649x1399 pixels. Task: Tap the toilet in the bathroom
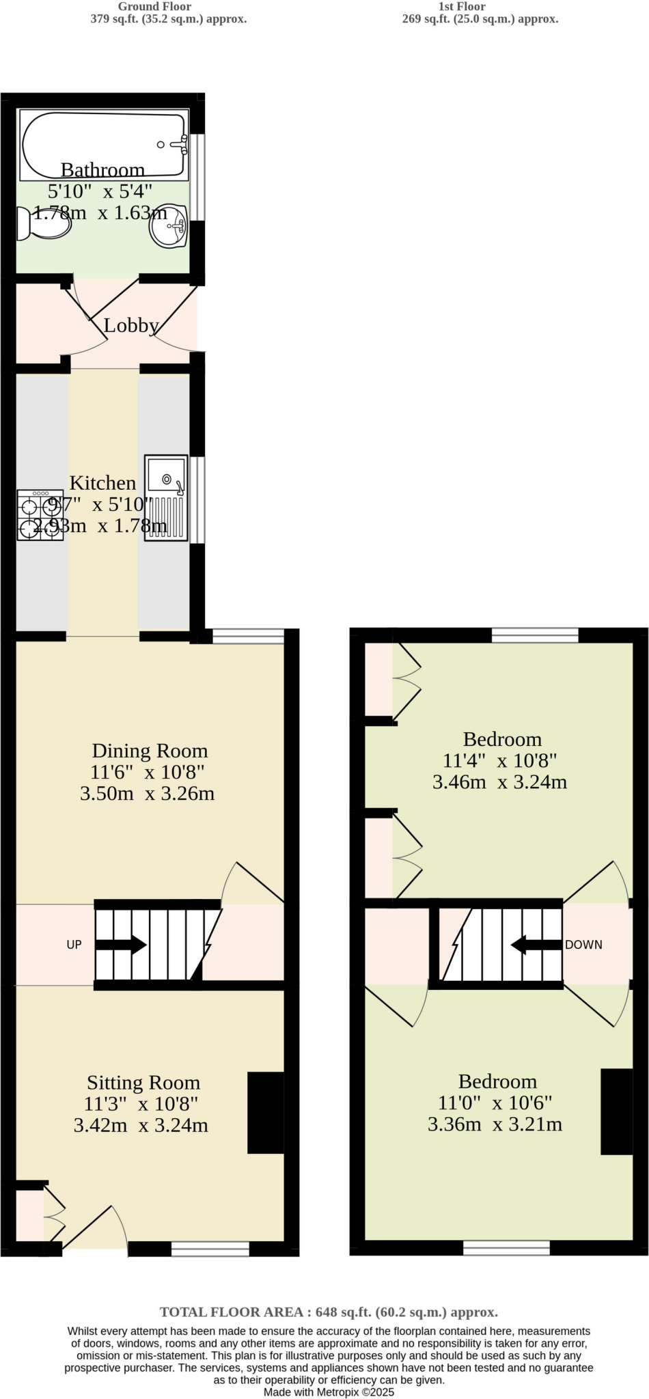(x=44, y=223)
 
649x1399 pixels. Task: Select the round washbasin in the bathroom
(x=168, y=225)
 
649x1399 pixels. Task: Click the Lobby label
(x=131, y=326)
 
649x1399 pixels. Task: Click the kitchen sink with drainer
(x=166, y=499)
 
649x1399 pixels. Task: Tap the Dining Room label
(x=150, y=751)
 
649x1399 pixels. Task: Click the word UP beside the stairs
(x=74, y=945)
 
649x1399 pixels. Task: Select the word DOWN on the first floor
(x=583, y=945)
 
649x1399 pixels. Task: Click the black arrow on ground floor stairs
(x=121, y=945)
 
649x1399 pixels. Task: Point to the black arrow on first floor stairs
(x=536, y=945)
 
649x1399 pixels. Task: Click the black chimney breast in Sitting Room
(x=266, y=1112)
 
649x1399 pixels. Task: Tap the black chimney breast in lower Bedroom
(x=616, y=1112)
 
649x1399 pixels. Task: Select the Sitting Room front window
(x=210, y=1249)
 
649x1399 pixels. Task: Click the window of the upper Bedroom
(x=535, y=636)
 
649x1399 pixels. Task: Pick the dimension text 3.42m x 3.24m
(x=141, y=1125)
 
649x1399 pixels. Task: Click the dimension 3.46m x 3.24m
(x=499, y=782)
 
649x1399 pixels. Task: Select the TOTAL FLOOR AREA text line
(x=329, y=1312)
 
